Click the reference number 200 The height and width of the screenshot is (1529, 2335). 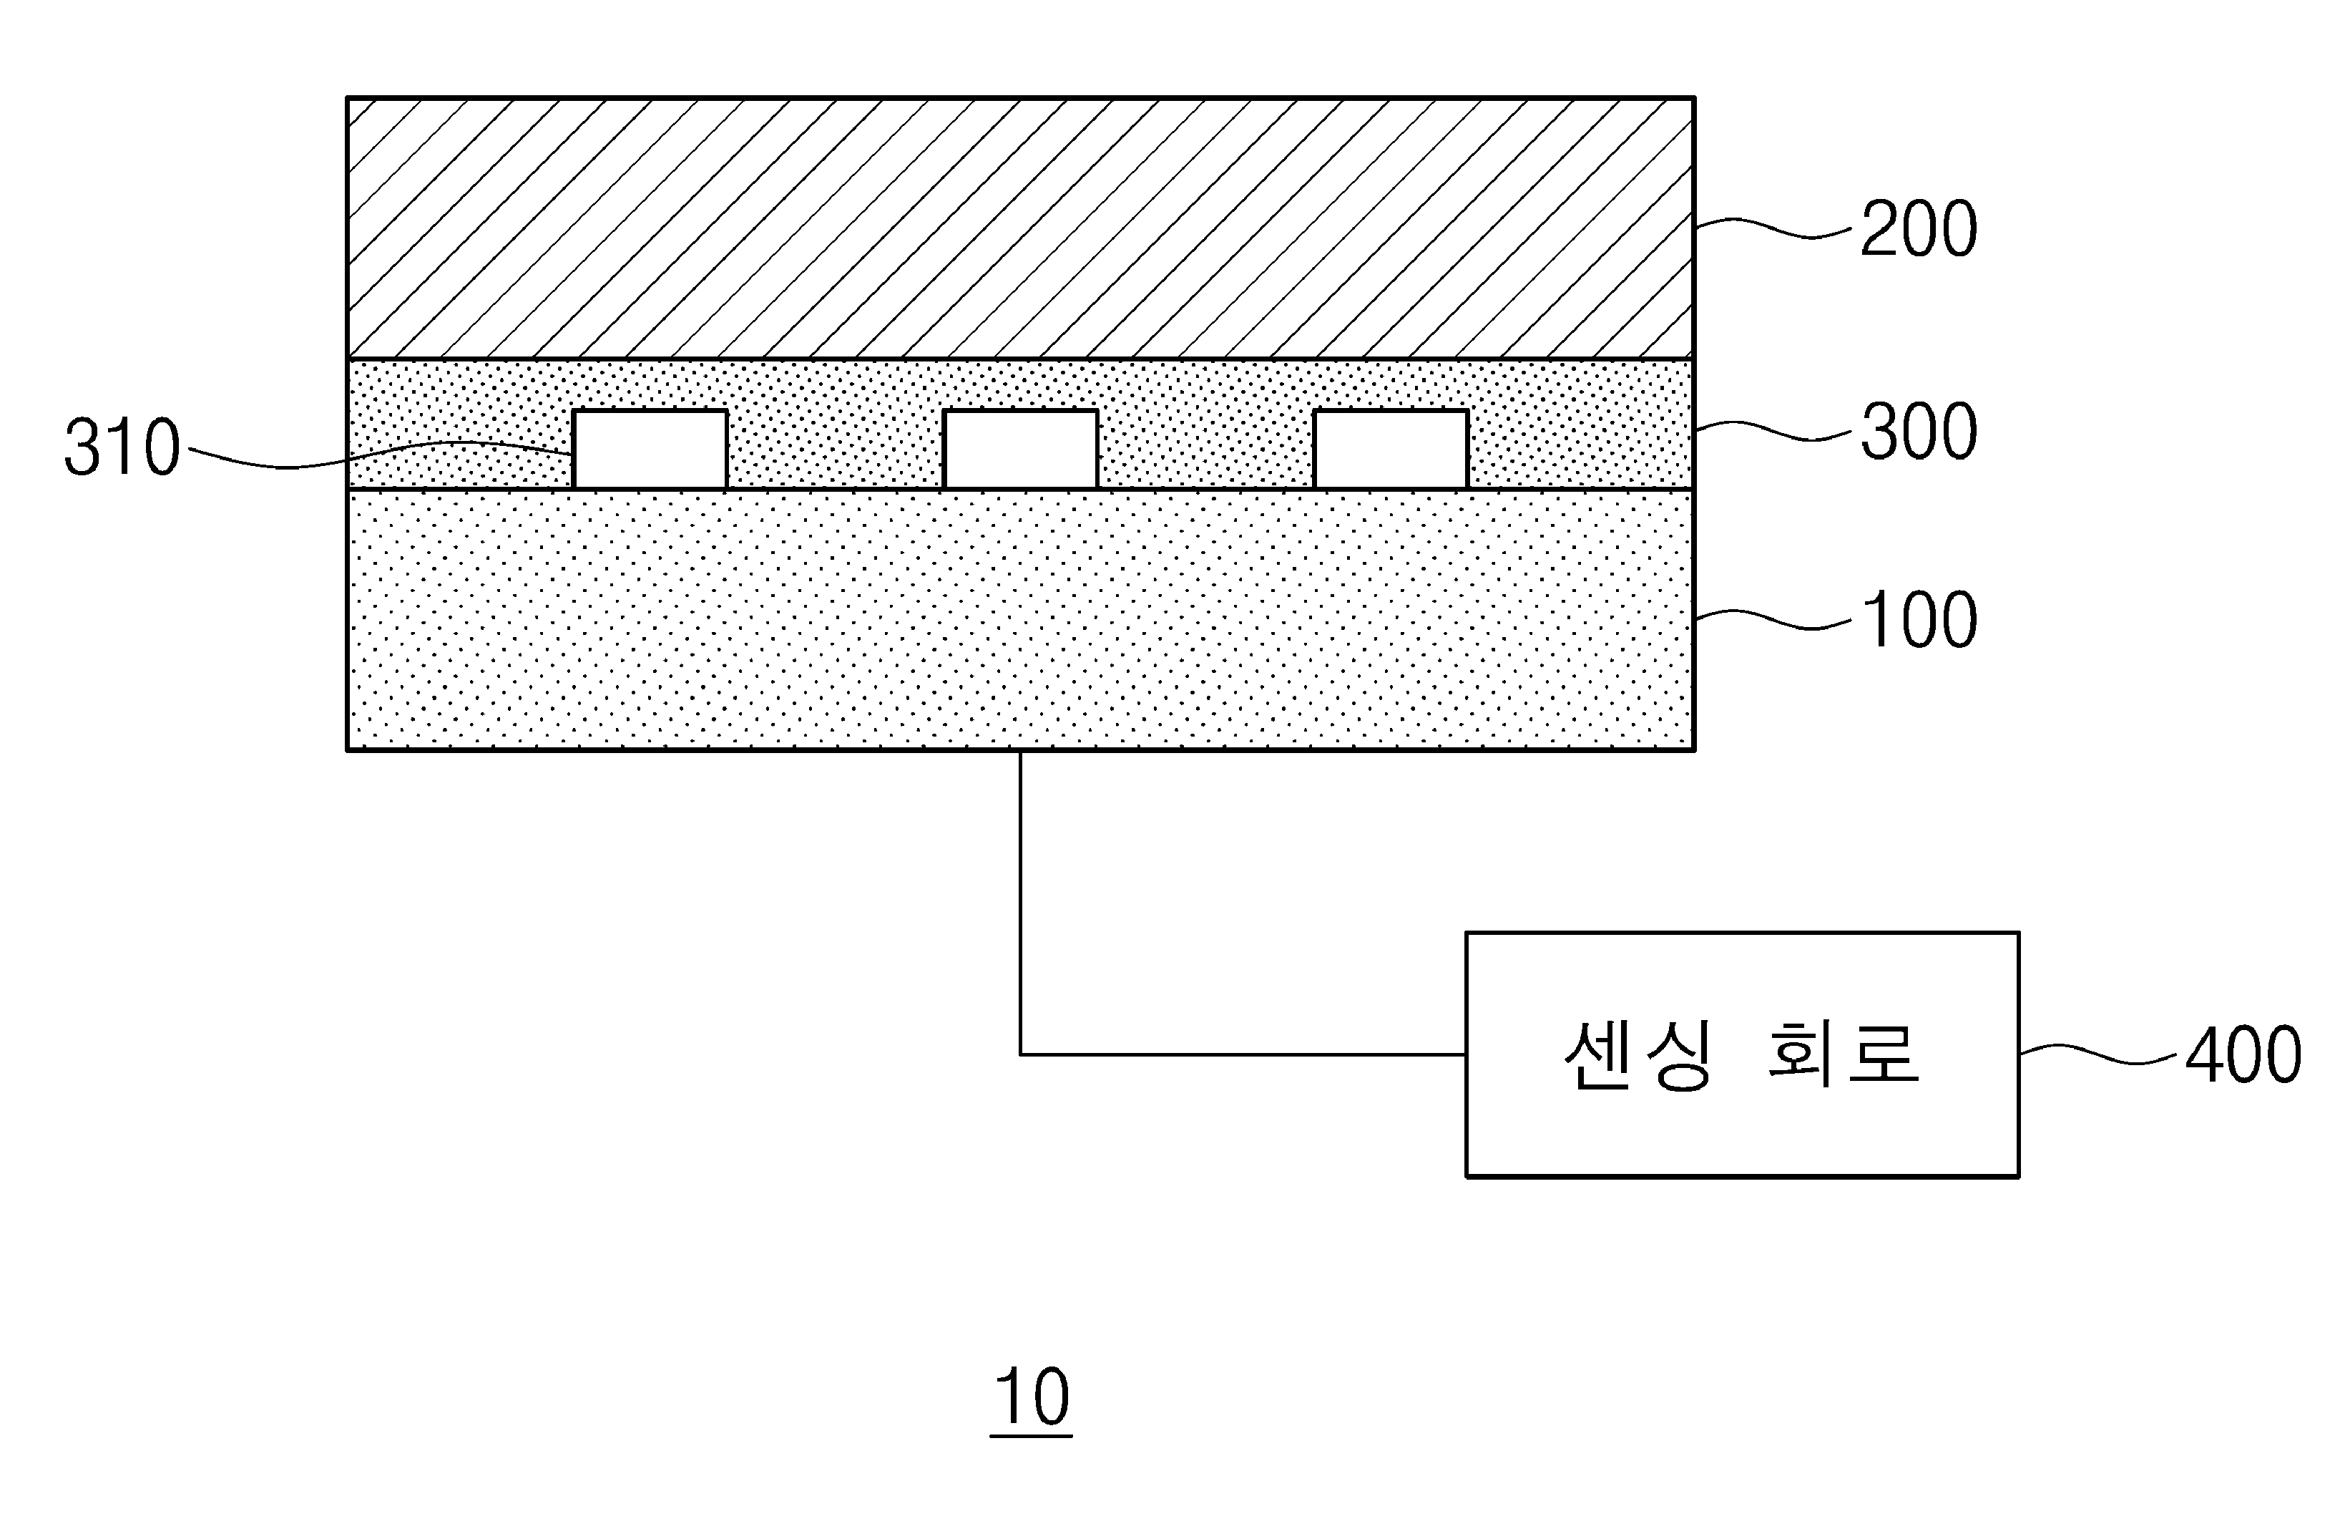point(1918,228)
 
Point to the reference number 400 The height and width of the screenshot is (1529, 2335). point(2243,1055)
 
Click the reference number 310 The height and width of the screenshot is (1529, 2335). point(122,447)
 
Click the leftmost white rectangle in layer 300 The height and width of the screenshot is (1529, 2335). point(650,450)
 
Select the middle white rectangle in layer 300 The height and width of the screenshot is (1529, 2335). point(1020,450)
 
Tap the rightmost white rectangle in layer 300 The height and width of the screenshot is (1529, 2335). point(1391,450)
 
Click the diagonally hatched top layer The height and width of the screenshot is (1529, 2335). point(1020,228)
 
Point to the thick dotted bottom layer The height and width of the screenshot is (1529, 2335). point(1020,619)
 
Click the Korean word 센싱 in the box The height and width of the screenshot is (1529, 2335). point(1638,1055)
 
